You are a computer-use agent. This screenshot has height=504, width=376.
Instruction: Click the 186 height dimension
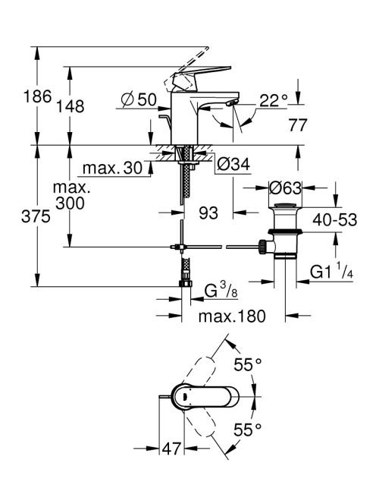tap(38, 96)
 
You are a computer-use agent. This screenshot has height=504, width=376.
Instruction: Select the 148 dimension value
tap(70, 106)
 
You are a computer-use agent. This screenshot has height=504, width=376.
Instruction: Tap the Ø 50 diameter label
tap(139, 99)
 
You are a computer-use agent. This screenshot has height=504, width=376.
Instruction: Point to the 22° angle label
tap(274, 101)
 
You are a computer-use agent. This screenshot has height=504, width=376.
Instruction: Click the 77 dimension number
tap(298, 124)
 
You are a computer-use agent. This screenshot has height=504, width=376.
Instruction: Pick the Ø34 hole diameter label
tap(233, 165)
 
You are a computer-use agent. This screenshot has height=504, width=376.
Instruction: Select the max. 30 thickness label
tap(112, 168)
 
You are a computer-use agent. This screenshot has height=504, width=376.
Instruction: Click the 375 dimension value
tap(36, 216)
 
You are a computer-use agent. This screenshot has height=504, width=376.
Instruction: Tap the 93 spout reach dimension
tap(208, 213)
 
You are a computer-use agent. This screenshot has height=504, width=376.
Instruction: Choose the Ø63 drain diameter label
tap(286, 187)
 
